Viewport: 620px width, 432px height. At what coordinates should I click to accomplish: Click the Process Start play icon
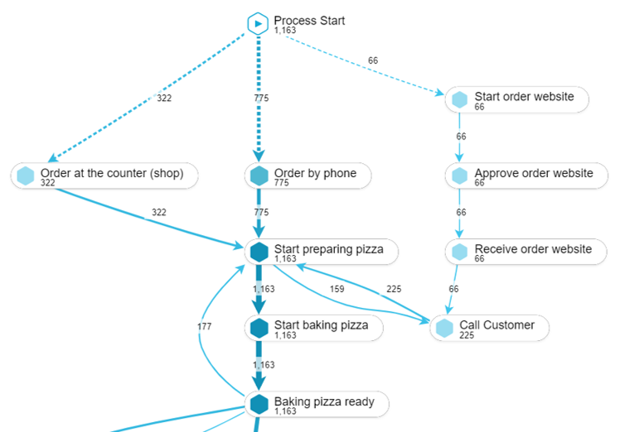(259, 24)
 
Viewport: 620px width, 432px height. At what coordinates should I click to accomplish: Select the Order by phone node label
(315, 173)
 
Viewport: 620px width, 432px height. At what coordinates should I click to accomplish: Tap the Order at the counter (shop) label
(118, 173)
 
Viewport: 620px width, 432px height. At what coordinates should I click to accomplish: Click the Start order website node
(517, 99)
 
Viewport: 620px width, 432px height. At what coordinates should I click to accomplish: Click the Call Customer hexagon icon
(445, 328)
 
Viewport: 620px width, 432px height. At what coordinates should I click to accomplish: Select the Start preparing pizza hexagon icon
(259, 252)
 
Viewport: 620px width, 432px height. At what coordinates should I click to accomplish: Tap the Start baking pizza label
(321, 325)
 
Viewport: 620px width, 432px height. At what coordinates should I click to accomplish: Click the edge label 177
(204, 327)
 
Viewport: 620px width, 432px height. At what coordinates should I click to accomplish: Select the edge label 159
(336, 290)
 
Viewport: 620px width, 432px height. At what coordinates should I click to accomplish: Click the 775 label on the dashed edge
(261, 98)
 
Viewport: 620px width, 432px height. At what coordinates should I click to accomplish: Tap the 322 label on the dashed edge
(164, 98)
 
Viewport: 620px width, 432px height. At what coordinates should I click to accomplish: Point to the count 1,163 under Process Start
(285, 31)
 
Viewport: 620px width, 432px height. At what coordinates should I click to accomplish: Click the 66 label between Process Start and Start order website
(373, 60)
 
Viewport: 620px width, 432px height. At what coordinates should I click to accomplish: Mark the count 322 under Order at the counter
(48, 182)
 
